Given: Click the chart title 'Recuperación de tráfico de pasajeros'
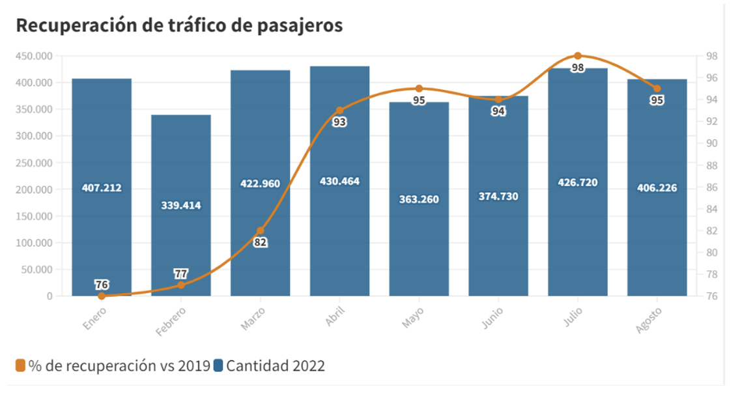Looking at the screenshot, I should click(178, 25).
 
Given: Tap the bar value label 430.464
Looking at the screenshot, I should click(339, 181).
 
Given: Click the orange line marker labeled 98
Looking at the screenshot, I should click(578, 56).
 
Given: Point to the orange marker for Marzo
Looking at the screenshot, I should click(261, 231).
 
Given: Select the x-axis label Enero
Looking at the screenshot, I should click(94, 319).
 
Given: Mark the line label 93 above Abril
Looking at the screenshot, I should click(339, 122).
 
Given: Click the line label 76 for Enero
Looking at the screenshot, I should click(102, 284).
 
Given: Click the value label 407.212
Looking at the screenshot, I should click(102, 188).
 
